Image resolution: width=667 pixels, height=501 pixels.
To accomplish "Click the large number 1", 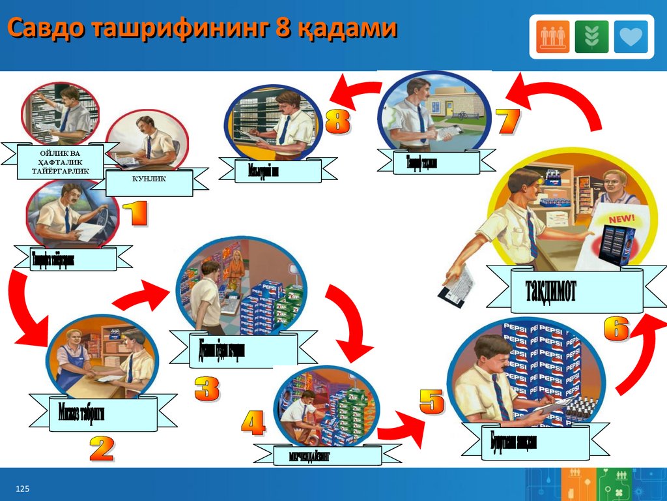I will (x=135, y=215).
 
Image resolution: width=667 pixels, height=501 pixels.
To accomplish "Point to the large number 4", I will (x=253, y=424).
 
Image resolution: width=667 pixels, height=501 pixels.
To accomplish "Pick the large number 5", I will (x=431, y=401).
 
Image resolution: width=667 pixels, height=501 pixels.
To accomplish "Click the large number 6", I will (x=616, y=328).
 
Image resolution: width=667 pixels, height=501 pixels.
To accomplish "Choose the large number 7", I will (x=508, y=122).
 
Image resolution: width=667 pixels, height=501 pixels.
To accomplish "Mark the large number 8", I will (x=337, y=122).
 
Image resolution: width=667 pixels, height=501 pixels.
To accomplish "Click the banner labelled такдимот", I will (x=565, y=289).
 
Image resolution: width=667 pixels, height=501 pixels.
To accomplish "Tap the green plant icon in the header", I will (x=592, y=37).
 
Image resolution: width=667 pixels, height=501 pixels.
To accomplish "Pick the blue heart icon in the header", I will (x=631, y=37).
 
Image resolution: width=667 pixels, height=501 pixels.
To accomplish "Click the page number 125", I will (x=23, y=489).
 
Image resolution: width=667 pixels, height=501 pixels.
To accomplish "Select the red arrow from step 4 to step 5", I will (x=399, y=431).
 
